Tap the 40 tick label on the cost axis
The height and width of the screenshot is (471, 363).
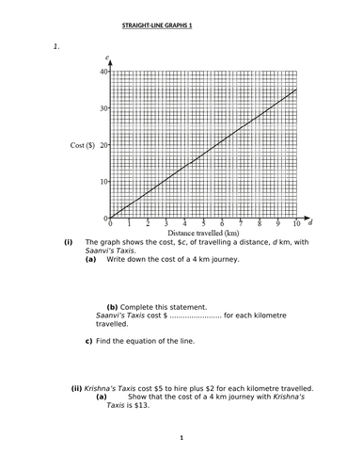(x=103, y=72)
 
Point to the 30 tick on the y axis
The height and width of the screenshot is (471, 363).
(x=103, y=108)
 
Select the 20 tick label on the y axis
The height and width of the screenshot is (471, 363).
(x=103, y=145)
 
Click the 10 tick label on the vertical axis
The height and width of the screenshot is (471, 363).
(x=103, y=182)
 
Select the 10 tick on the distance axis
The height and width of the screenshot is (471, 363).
(x=295, y=224)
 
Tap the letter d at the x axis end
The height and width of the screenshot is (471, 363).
(x=310, y=220)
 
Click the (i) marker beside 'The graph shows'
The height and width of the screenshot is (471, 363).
(x=69, y=242)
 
